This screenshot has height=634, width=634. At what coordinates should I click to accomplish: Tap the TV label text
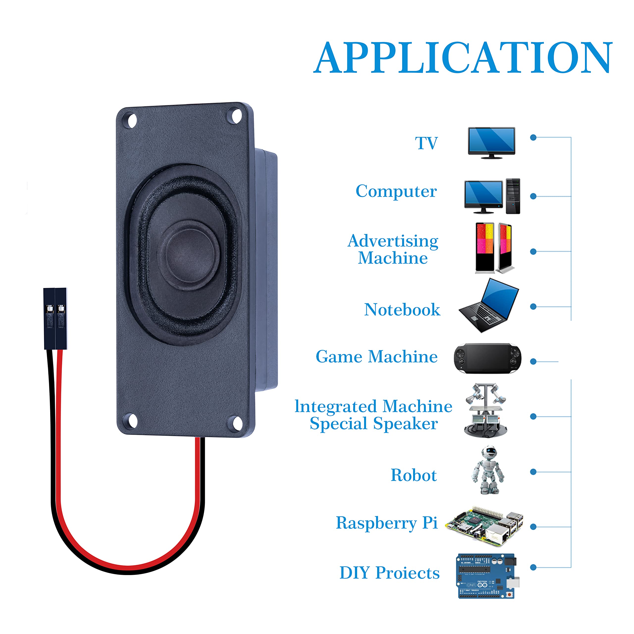click(x=426, y=143)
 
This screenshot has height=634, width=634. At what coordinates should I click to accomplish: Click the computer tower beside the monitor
click(x=513, y=196)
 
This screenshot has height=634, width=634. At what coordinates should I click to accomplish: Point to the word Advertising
click(x=393, y=241)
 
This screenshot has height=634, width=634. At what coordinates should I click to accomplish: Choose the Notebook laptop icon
click(x=489, y=305)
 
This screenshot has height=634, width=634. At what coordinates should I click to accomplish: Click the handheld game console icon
click(x=487, y=358)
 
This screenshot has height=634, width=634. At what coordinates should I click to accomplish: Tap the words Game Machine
click(x=376, y=357)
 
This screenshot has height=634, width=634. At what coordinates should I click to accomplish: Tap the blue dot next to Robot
click(x=533, y=472)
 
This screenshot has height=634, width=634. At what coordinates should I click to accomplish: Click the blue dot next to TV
click(x=533, y=137)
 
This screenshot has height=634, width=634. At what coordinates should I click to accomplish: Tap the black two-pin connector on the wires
click(x=55, y=318)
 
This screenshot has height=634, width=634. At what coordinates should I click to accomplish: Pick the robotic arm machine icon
click(x=486, y=410)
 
